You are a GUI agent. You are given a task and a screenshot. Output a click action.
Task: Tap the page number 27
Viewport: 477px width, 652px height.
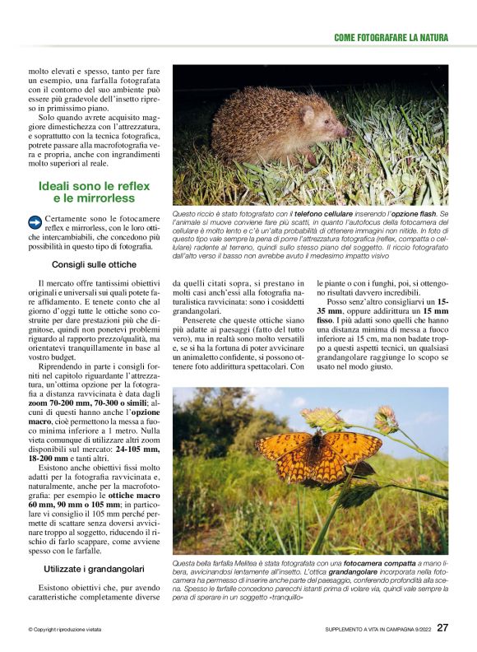pyautogui.click(x=442, y=627)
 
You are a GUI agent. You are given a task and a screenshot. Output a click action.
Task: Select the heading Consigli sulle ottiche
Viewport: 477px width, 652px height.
pyautogui.click(x=94, y=265)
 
